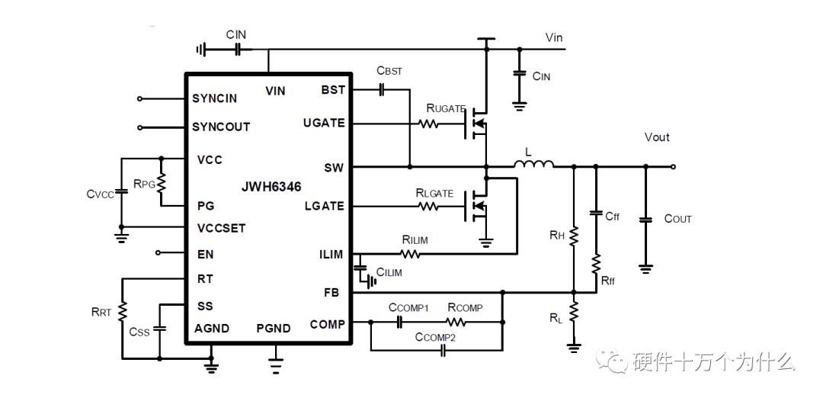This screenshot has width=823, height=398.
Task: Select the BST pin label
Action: tap(333, 90)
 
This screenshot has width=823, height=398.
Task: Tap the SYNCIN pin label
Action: tap(214, 98)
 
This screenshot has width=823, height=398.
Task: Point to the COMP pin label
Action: tap(327, 324)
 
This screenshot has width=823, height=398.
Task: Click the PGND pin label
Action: tap(274, 329)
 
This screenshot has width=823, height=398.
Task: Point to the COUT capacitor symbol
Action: tap(645, 219)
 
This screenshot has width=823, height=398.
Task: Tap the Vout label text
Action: tap(657, 137)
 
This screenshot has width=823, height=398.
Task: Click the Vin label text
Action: tap(554, 37)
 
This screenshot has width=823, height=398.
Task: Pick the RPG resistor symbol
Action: tap(161, 183)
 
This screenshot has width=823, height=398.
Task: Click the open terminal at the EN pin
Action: tap(159, 253)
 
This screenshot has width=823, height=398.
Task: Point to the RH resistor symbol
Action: tap(574, 236)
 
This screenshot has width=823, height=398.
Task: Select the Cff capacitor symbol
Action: tap(596, 216)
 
